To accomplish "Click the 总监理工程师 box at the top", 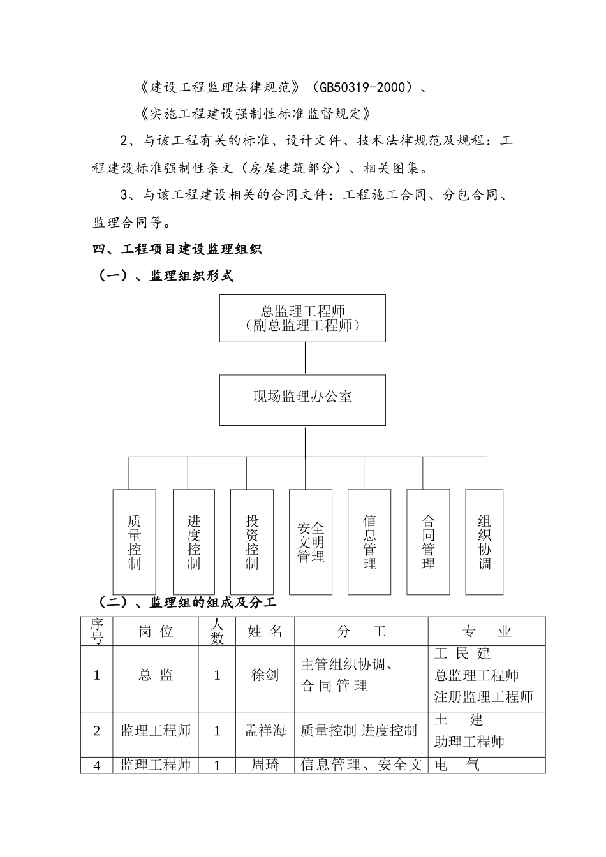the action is tap(302, 318).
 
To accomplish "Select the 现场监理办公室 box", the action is tap(302, 399).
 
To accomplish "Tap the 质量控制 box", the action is tap(134, 541).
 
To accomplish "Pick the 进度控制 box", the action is tap(193, 541).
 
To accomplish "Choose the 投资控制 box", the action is tap(252, 541).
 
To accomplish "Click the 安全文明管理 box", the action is tap(311, 541).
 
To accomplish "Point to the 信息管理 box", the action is tap(369, 541).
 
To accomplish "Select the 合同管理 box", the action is tap(428, 541).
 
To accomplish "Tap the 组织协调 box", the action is tap(484, 541).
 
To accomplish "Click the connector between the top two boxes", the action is tap(305, 358).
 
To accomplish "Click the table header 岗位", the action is tap(156, 631).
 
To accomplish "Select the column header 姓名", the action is tap(265, 631).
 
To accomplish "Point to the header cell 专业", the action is tap(487, 631).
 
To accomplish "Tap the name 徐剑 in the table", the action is tap(265, 675).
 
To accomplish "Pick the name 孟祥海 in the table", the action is tap(265, 731).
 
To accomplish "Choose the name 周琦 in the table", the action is tap(265, 765).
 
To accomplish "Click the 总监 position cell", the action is tap(156, 675).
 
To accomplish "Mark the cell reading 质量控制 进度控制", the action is tap(358, 731).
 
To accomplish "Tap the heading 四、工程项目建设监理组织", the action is tap(177, 249).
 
